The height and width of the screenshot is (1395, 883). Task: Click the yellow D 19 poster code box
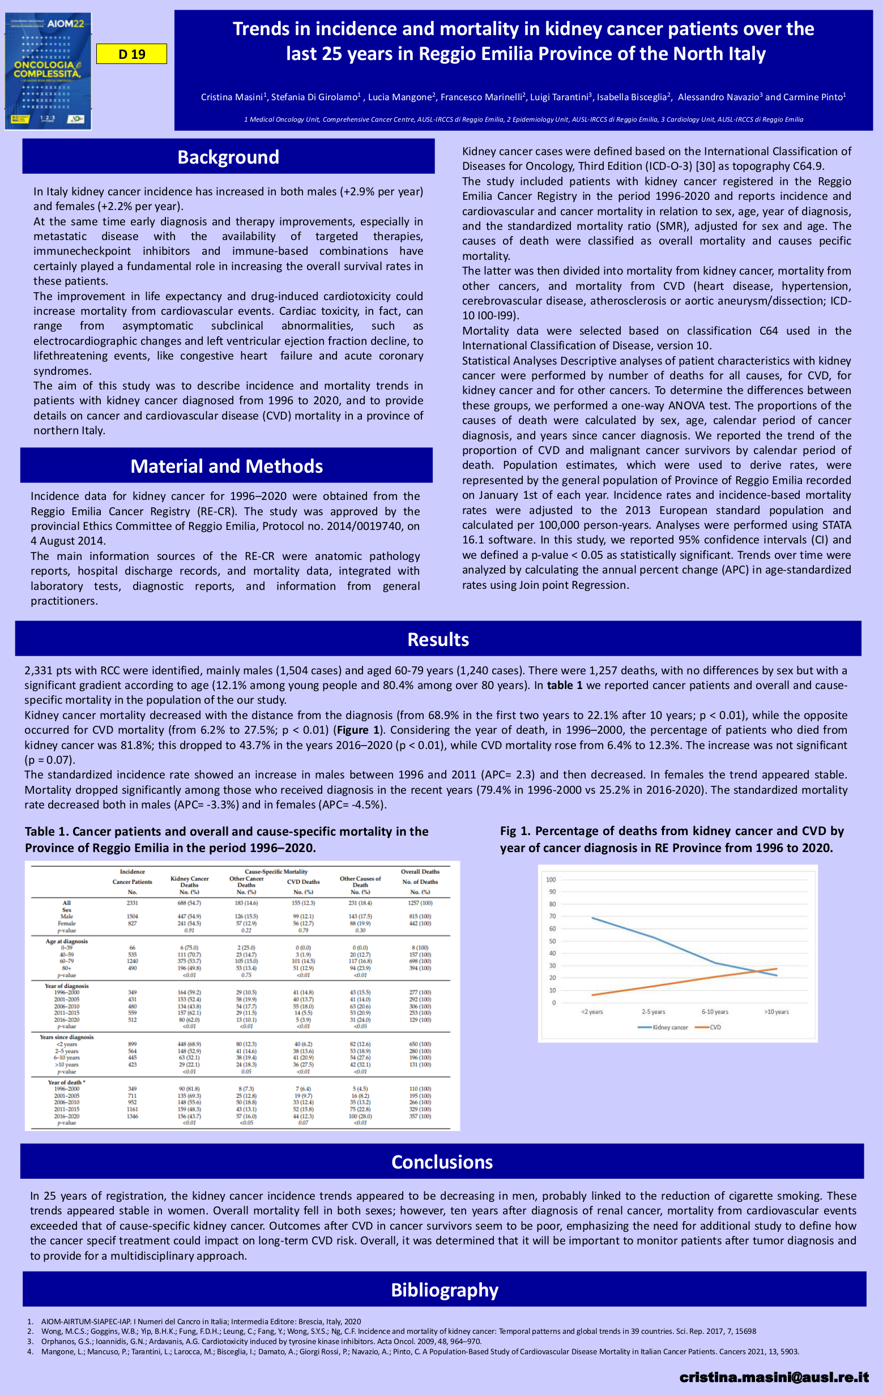click(131, 54)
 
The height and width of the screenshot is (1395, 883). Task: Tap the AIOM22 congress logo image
click(48, 71)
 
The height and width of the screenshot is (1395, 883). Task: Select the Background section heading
click(228, 157)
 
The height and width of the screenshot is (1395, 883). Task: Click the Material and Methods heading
click(227, 467)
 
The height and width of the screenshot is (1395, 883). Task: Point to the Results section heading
click(438, 639)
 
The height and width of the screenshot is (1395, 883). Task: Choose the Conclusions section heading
click(442, 1162)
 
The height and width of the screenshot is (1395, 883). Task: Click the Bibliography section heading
click(445, 1290)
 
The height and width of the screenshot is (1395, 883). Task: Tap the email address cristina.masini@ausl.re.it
click(774, 1376)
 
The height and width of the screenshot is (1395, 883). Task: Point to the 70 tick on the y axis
click(552, 917)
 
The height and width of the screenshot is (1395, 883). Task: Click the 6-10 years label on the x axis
click(715, 1012)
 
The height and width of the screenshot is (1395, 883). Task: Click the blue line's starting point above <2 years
click(592, 918)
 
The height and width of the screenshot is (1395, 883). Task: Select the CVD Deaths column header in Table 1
click(303, 882)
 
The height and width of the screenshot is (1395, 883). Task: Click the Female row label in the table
click(67, 923)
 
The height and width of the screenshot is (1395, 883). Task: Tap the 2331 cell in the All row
click(132, 903)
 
